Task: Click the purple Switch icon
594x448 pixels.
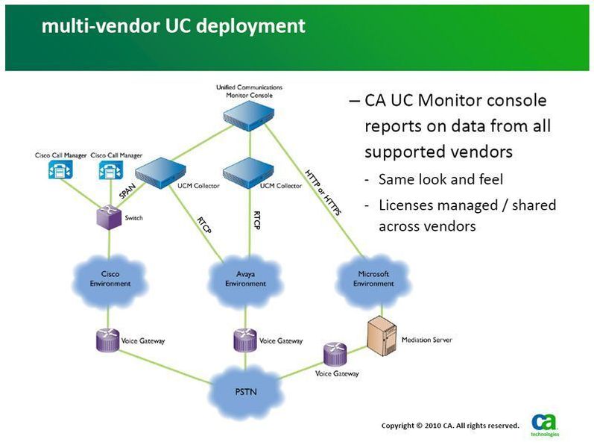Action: point(110,217)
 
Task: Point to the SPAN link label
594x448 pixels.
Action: point(126,190)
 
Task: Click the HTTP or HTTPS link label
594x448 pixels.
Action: point(323,193)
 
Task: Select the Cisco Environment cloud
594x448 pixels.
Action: point(110,279)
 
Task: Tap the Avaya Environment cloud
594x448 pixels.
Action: point(245,279)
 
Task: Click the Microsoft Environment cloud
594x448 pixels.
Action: point(373,279)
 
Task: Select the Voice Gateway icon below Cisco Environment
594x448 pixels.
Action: point(109,340)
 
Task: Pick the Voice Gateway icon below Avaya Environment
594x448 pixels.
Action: point(245,340)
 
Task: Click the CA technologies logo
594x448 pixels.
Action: point(544,423)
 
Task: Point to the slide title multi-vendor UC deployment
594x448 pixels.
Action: point(173,26)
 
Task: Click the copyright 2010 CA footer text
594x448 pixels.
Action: point(449,426)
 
